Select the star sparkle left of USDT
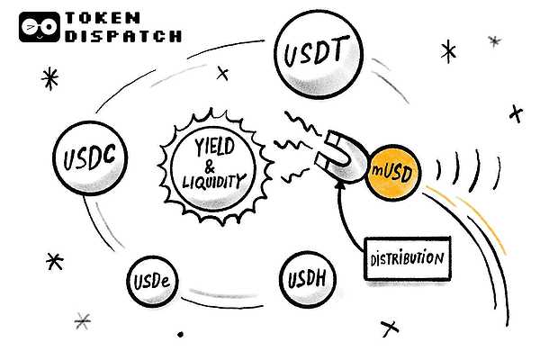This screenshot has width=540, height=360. coord(50,79)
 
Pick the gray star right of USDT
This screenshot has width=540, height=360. coord(493,40)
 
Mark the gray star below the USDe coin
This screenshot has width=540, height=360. coord(83,319)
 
